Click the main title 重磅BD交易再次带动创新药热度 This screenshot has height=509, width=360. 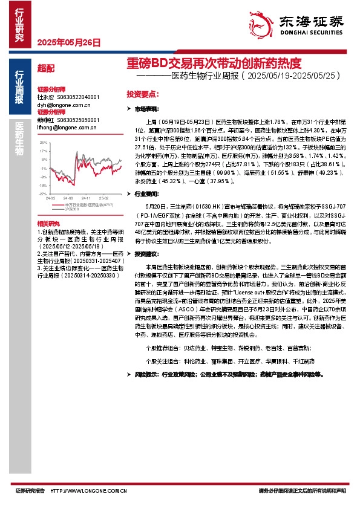214,63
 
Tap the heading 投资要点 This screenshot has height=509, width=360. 143,94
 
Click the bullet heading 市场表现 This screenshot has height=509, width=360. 146,109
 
